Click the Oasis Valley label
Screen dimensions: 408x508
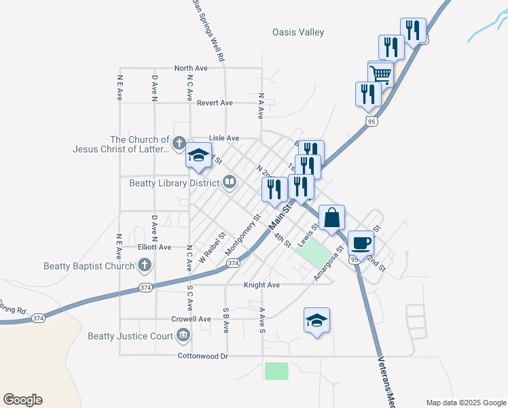[x=298, y=32]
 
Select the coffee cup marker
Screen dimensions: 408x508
[x=361, y=242]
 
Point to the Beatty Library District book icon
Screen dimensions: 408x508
[x=230, y=182]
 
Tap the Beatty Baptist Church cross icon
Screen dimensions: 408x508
[x=144, y=265]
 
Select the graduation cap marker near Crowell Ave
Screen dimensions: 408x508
[x=316, y=321]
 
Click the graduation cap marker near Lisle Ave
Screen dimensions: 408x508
[x=199, y=156]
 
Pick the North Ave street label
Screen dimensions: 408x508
[x=191, y=68]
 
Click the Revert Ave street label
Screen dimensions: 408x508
[x=215, y=103]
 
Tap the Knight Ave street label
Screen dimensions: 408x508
[x=262, y=284]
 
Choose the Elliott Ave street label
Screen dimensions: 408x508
[x=154, y=248]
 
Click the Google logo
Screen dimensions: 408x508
[x=22, y=400]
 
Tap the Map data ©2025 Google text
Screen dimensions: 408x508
[x=465, y=403]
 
